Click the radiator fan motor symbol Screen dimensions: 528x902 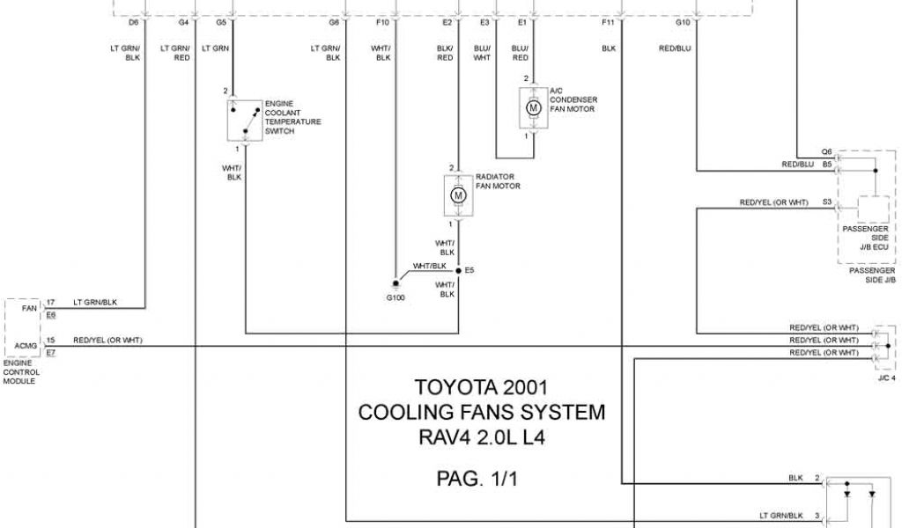point(457,194)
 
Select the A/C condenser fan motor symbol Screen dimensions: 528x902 point(533,107)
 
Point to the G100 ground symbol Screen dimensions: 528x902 point(396,286)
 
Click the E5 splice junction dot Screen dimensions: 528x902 point(458,271)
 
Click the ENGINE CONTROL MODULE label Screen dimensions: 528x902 point(20,372)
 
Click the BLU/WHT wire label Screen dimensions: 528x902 point(482,53)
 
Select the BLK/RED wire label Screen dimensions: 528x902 point(445,53)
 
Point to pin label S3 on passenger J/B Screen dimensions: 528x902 point(826,202)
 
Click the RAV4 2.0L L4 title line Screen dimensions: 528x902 point(481,436)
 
